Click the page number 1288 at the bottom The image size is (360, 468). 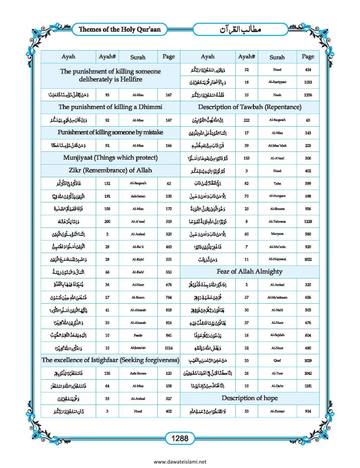click(180, 438)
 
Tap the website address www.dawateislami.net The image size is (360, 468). click(180, 462)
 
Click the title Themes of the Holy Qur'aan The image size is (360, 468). click(120, 29)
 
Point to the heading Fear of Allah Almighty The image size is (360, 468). click(249, 272)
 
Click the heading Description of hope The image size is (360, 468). click(249, 398)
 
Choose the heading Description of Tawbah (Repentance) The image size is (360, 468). click(249, 107)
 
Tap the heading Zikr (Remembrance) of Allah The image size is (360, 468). click(110, 170)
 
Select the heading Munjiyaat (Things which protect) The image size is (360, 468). click(110, 158)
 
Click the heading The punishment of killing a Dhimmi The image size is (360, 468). click(110, 107)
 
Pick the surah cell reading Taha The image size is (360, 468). click(277, 184)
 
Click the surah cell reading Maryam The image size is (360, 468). click(277, 234)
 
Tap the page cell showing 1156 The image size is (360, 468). click(308, 95)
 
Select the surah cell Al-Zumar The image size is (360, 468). click(277, 411)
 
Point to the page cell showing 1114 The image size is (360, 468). click(169, 348)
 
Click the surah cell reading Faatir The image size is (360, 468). click(138, 335)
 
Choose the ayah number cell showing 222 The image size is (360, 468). click(246, 120)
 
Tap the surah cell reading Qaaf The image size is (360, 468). click(277, 360)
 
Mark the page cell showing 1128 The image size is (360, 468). click(308, 221)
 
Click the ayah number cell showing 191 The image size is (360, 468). click(107, 196)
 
